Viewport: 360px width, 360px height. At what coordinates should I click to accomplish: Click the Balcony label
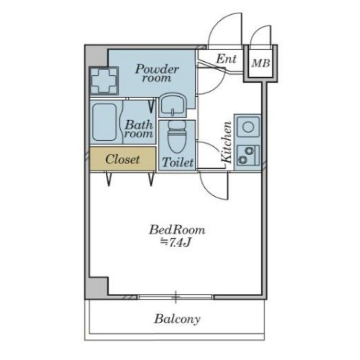tap(177, 319)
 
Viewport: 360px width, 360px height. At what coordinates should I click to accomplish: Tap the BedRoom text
tap(177, 230)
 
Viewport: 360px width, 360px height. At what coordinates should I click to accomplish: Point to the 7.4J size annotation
tap(176, 242)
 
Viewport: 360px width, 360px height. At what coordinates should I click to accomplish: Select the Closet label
tap(122, 159)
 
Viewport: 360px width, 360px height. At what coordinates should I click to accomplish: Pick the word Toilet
tap(177, 162)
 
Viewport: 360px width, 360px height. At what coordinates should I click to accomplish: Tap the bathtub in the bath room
tap(104, 122)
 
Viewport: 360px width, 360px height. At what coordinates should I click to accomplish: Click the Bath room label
tap(139, 129)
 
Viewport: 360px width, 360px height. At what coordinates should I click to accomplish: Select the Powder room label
tap(157, 73)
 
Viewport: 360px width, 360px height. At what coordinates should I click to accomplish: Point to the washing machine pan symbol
tap(104, 81)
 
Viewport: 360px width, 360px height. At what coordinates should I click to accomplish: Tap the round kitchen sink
tap(248, 126)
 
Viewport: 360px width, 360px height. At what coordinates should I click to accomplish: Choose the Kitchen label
tap(227, 142)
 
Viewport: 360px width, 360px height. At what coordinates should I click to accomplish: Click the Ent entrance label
tap(226, 59)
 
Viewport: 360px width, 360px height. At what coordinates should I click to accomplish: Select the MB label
tap(261, 63)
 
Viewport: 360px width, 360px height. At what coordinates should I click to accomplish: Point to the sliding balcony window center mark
tap(175, 297)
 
